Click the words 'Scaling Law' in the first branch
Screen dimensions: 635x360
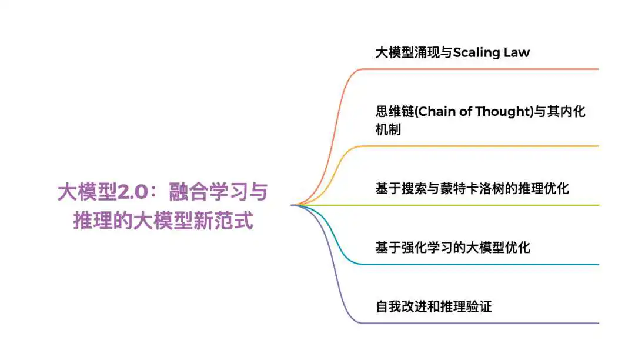pos(491,52)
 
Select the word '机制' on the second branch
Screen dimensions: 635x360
pos(389,129)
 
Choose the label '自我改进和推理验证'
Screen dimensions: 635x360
pos(434,306)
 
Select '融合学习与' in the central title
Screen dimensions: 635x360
pos(218,192)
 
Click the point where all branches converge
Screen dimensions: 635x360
pos(292,205)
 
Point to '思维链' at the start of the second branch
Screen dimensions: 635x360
pos(395,111)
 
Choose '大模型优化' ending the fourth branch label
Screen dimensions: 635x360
pos(498,248)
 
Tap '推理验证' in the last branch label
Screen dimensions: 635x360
pos(466,306)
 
